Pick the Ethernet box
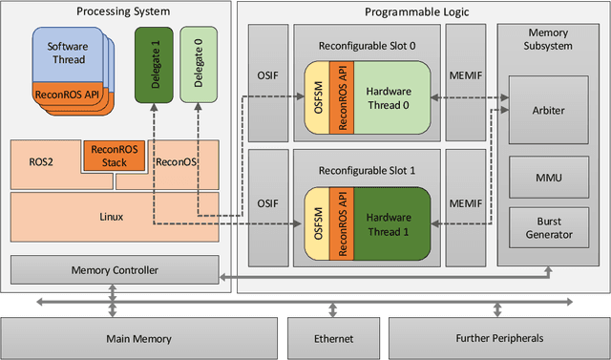tap(333, 338)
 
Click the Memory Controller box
tap(114, 269)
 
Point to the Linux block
tap(112, 217)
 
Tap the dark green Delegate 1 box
tap(155, 63)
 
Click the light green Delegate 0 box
tap(199, 63)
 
